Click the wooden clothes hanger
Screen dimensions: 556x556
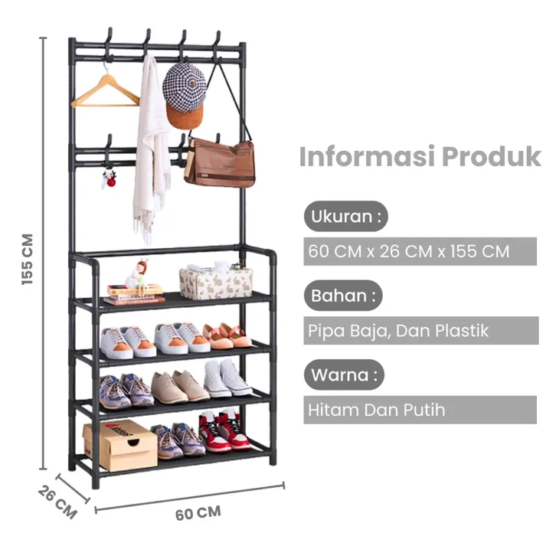click(x=105, y=95)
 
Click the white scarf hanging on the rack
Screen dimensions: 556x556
click(x=149, y=146)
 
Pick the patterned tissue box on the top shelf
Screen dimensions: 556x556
click(x=215, y=282)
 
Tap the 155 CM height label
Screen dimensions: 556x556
click(x=28, y=260)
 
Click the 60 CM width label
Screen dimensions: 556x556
click(x=198, y=512)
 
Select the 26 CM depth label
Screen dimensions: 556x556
click(x=57, y=501)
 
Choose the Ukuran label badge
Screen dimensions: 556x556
click(x=345, y=216)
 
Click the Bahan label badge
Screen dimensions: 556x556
click(x=343, y=295)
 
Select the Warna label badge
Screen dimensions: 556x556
click(x=344, y=375)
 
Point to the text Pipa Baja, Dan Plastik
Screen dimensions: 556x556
click(x=398, y=332)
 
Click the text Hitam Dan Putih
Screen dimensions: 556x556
click(x=376, y=410)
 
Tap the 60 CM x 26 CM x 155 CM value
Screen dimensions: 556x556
click(x=409, y=251)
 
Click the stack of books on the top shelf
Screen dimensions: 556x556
click(x=134, y=295)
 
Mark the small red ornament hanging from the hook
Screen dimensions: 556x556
click(x=110, y=180)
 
